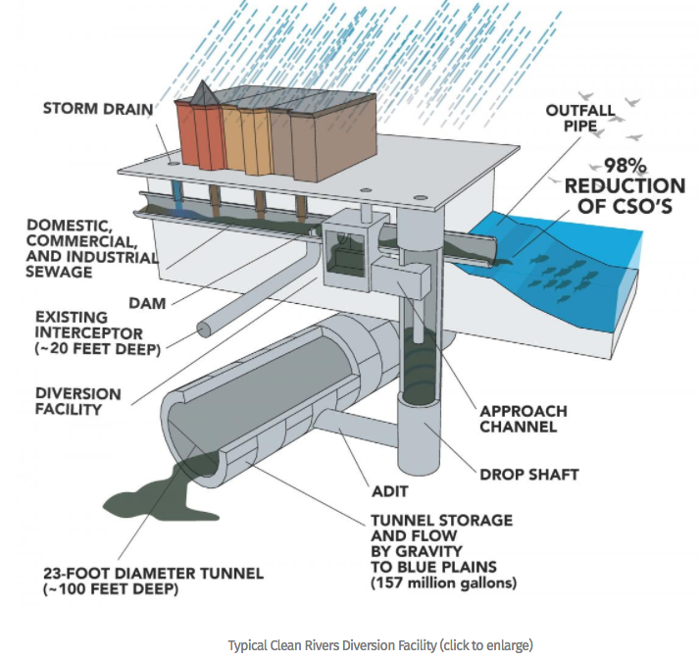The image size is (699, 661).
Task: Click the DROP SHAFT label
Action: (x=529, y=475)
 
